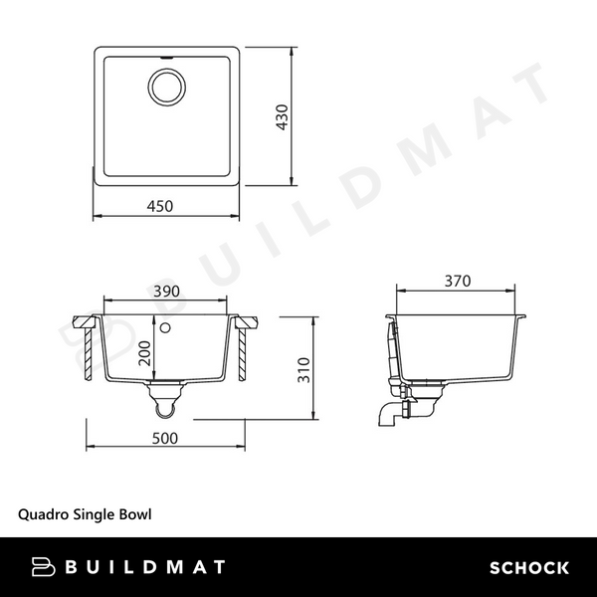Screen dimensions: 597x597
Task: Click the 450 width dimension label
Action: [x=160, y=206]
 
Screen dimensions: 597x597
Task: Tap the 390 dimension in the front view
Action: [x=165, y=291]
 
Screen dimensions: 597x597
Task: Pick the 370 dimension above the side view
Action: [x=457, y=281]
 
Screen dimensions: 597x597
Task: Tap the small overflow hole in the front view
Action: [x=166, y=326]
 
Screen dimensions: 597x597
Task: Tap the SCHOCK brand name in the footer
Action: [x=528, y=568]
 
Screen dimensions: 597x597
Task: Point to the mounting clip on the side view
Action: [x=393, y=348]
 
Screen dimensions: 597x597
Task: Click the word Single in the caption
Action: [x=94, y=515]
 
